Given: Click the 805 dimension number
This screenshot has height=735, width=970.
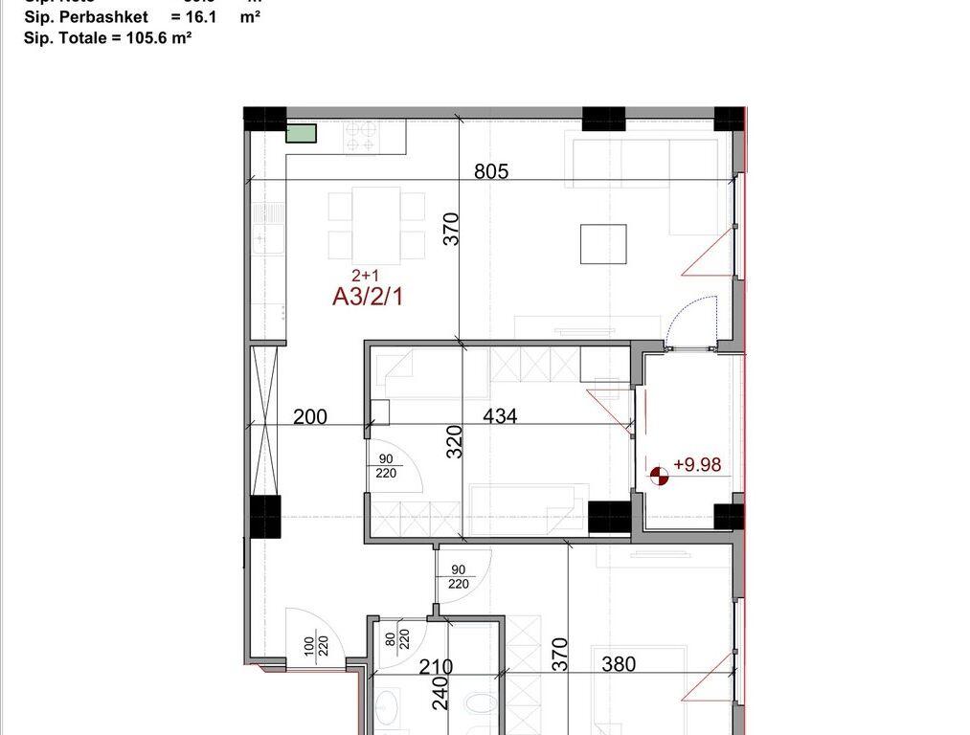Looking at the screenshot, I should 491,172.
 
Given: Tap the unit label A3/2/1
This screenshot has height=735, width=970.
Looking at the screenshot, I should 369,297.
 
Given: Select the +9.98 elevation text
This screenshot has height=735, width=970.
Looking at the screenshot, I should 696,465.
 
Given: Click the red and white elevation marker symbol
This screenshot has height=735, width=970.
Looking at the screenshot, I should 659,476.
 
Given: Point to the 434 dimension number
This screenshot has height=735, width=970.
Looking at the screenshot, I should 500,416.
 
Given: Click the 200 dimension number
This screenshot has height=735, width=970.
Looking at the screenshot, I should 310,416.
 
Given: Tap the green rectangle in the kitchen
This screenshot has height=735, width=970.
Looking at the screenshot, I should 302,133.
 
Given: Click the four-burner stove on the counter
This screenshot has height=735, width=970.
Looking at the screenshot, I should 361,139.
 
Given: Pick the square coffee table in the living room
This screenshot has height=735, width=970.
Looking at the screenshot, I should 603,244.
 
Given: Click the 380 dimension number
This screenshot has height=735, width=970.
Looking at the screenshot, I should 618,663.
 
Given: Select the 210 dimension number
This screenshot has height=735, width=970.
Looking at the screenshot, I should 436,666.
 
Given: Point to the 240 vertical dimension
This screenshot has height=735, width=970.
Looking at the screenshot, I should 440,693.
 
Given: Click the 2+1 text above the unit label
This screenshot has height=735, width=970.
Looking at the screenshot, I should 365,276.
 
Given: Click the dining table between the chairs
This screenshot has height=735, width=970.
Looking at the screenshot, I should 377,222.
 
